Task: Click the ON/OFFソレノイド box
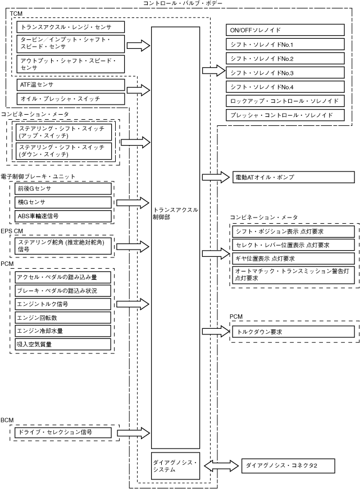285,30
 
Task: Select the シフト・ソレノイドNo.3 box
285,73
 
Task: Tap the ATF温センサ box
71,84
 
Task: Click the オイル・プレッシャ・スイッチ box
71,99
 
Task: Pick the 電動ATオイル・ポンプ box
294,177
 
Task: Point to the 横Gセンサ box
63,202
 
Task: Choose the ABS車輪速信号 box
63,216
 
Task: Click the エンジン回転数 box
63,318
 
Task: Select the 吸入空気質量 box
63,345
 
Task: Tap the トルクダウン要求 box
294,332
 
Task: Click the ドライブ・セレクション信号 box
63,433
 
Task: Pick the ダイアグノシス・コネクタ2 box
288,465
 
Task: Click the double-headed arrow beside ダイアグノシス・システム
221,466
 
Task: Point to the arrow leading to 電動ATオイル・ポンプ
216,177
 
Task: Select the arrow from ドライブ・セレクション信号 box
134,433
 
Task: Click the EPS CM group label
12,231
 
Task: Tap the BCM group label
7,420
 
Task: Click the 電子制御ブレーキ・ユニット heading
38,176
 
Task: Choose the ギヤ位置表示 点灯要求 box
294,259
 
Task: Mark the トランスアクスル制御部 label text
175,214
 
